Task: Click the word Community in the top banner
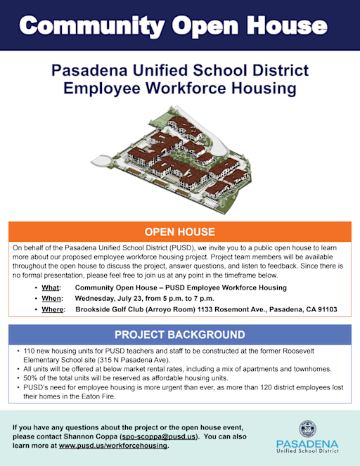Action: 92,26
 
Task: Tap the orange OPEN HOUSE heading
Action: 180,232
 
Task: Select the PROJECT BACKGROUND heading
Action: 180,335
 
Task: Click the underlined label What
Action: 50,287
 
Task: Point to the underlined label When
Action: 51,299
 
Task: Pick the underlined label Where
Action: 53,309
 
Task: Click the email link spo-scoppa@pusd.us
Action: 159,436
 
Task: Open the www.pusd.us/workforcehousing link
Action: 113,446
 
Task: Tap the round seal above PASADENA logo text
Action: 307,429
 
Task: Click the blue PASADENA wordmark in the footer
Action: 307,444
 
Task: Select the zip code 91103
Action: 328,309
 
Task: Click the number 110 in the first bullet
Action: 29,351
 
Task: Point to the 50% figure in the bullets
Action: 30,378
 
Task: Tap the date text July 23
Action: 130,299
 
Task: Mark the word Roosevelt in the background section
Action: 298,351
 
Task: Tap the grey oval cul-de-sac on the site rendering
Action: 101,161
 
